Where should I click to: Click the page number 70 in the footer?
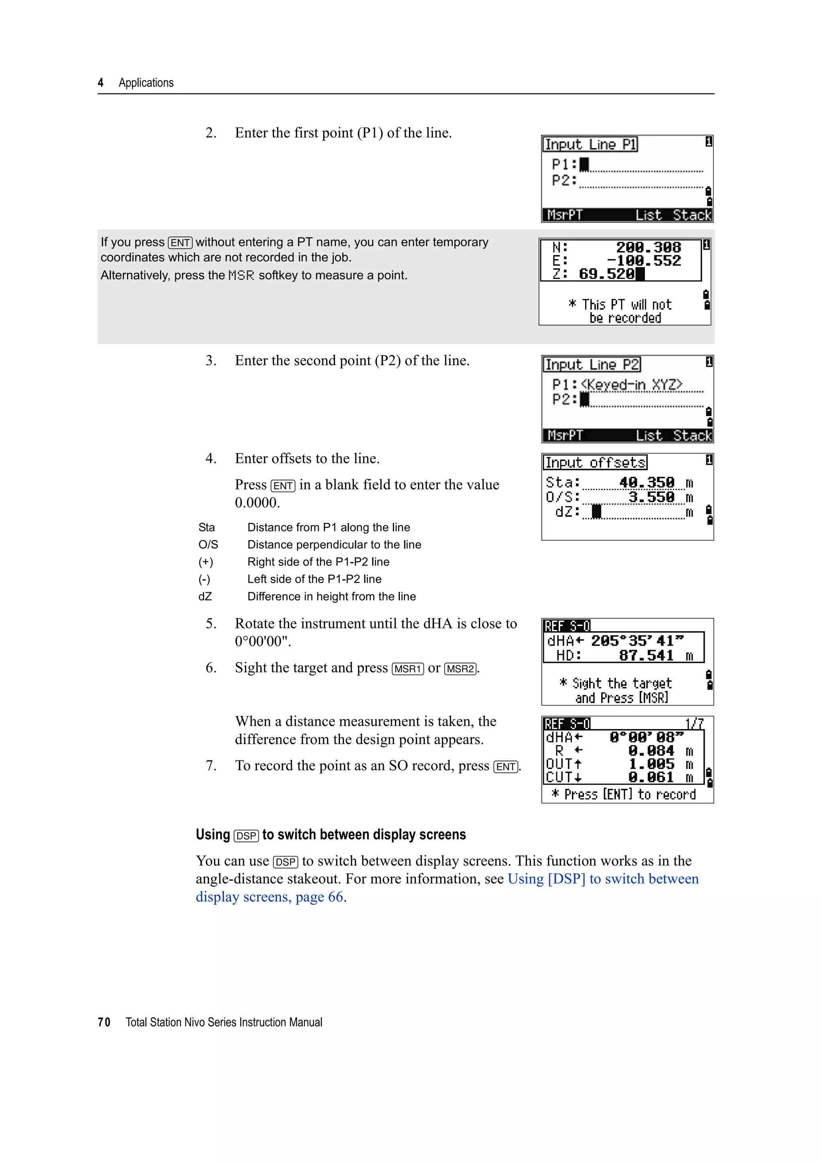[x=104, y=1022]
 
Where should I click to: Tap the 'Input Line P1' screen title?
[x=590, y=145]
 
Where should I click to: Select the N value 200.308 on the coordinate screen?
[x=648, y=248]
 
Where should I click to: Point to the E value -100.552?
[x=644, y=261]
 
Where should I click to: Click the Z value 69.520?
[x=606, y=274]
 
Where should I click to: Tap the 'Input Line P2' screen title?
[x=592, y=365]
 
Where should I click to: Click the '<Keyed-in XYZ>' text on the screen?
[x=632, y=385]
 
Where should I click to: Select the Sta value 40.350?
[x=647, y=482]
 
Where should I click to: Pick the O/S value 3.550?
[x=651, y=497]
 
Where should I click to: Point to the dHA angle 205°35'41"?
[x=637, y=641]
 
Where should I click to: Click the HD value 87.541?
[x=646, y=655]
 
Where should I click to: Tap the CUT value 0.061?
[x=651, y=777]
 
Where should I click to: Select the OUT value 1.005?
[x=651, y=764]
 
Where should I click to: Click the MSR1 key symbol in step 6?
[x=408, y=669]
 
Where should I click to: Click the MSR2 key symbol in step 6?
[x=460, y=669]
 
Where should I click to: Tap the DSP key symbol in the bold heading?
[x=246, y=836]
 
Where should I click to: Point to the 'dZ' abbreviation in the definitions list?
[x=205, y=597]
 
